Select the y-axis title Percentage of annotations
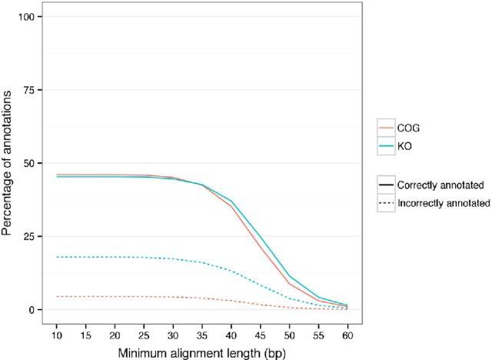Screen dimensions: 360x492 (11, 163)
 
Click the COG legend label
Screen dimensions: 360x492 (408, 128)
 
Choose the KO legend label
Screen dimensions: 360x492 (404, 145)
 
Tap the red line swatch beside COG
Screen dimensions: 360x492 (385, 128)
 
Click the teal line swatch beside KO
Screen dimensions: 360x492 (385, 145)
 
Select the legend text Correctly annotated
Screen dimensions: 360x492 (440, 185)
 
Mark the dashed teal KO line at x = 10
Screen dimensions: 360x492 (58, 257)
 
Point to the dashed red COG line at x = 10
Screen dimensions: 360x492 (58, 296)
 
